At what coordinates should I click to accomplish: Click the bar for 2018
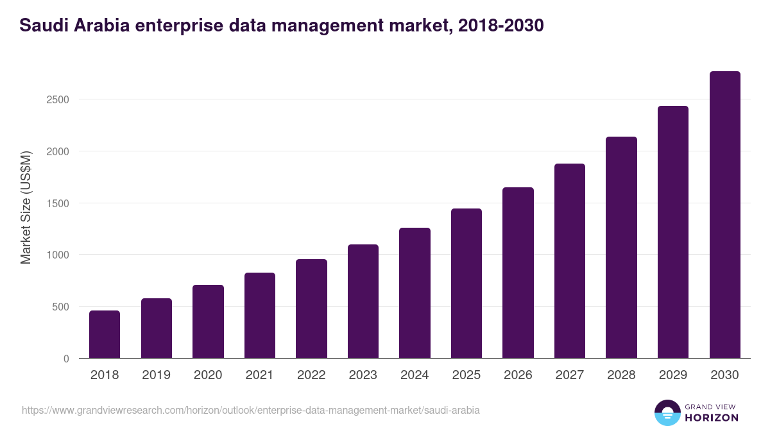pos(105,334)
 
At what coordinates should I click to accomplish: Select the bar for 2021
pos(260,316)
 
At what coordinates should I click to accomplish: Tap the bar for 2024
pos(415,293)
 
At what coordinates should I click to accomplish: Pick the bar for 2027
pos(570,261)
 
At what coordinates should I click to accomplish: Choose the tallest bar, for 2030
pos(724,215)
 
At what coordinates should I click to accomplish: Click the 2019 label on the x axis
pos(156,375)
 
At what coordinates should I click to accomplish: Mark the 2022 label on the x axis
pos(311,375)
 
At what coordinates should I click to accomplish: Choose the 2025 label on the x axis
pos(466,375)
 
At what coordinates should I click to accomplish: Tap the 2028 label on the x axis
pos(621,375)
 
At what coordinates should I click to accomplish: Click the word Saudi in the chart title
pos(42,25)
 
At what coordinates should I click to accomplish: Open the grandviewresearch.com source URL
pos(251,410)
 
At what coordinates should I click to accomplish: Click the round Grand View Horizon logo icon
pos(667,412)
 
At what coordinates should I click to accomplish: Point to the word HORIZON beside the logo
pos(712,418)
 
